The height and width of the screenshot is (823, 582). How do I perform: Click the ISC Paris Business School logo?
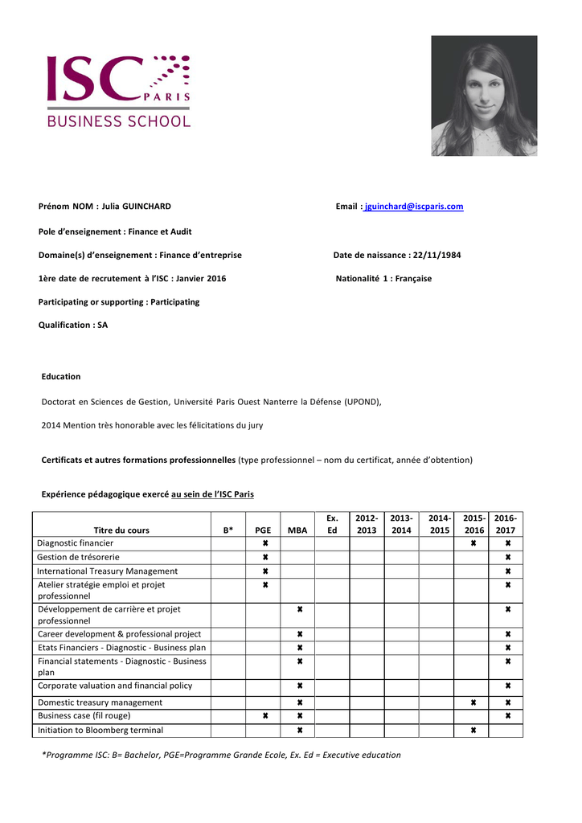[x=118, y=91]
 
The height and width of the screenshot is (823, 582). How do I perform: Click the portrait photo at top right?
[x=484, y=96]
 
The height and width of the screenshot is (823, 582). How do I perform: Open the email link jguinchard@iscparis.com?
[x=414, y=207]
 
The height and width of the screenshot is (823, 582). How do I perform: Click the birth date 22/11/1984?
[x=436, y=255]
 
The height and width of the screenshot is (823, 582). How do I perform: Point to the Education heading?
[x=61, y=376]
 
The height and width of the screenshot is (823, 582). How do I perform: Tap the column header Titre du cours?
[x=121, y=530]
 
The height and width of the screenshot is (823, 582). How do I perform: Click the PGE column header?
[x=263, y=530]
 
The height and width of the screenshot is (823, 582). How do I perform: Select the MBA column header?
[x=297, y=530]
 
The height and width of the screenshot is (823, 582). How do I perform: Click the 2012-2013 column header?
[x=367, y=524]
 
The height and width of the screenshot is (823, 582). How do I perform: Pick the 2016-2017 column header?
[x=506, y=524]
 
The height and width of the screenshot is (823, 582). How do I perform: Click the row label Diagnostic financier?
[x=76, y=543]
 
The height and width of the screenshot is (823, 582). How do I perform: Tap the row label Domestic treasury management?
[x=100, y=702]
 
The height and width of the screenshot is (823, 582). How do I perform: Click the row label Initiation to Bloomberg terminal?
[x=100, y=730]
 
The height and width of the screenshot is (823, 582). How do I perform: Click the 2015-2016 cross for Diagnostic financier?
[x=473, y=543]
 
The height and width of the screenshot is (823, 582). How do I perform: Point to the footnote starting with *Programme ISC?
[x=221, y=755]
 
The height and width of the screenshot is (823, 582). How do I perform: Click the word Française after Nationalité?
[x=412, y=279]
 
